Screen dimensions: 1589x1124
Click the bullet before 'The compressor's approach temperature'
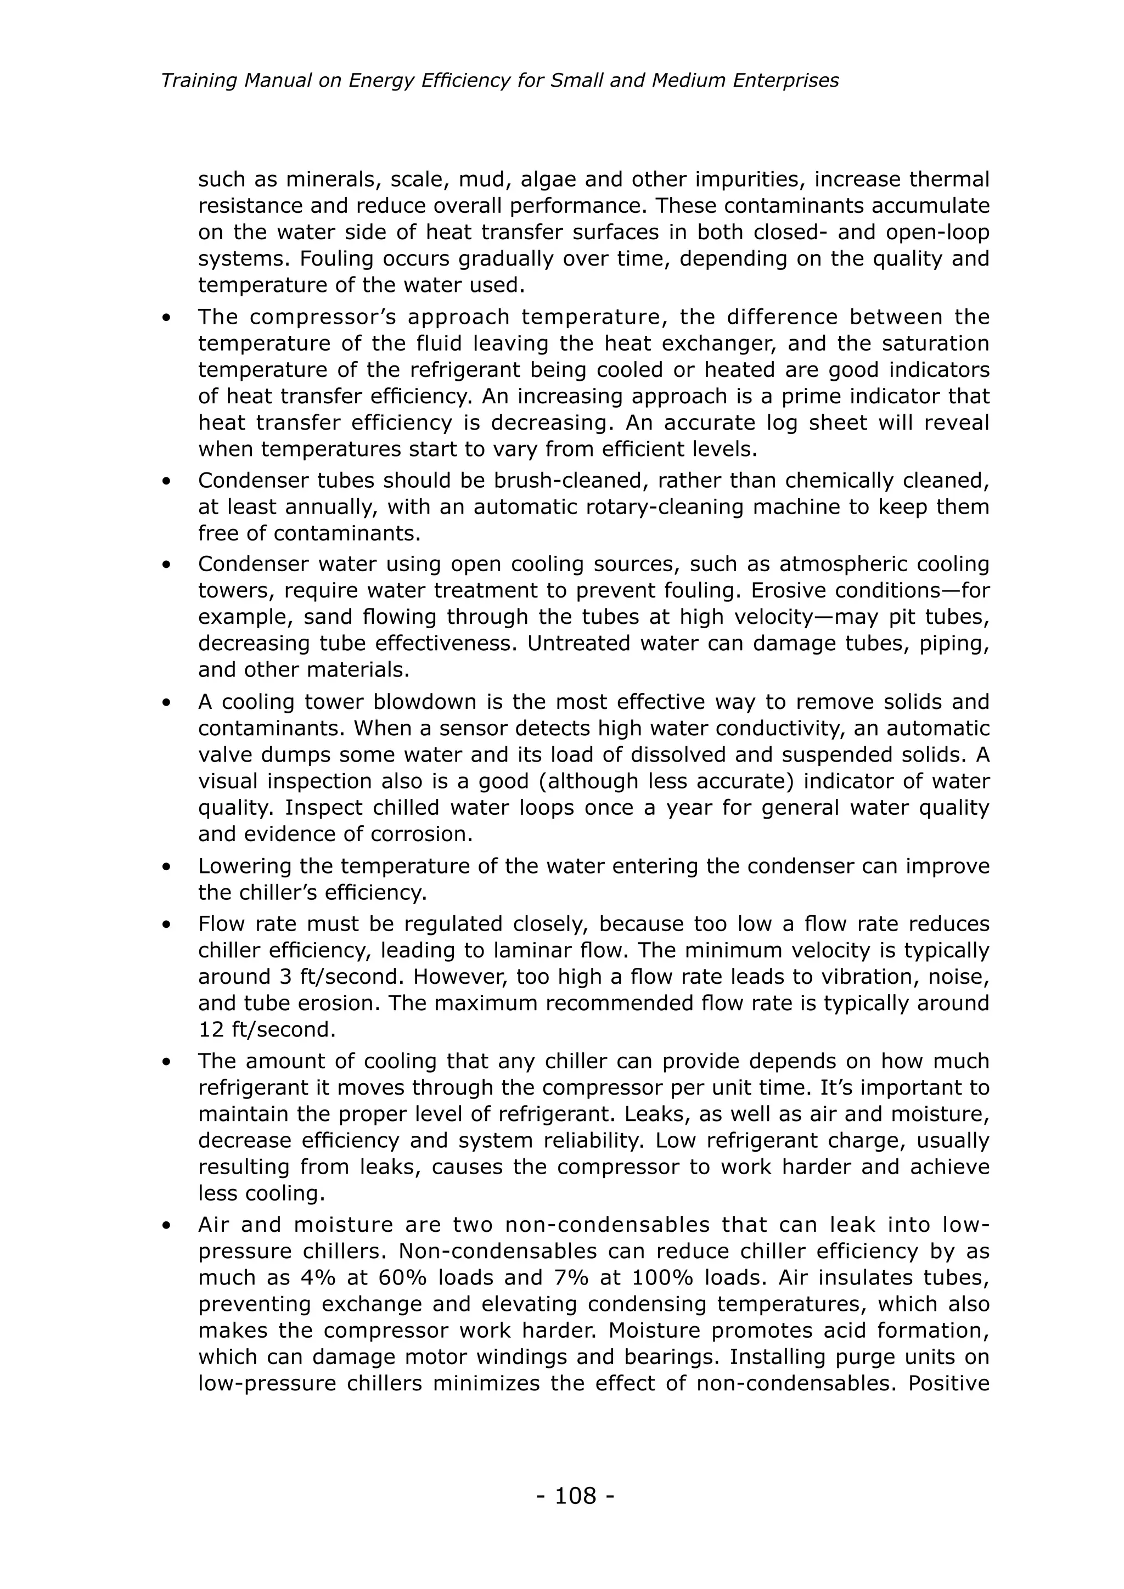click(x=166, y=318)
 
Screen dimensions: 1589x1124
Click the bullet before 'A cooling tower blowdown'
click(x=166, y=703)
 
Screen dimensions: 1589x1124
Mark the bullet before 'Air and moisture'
click(x=166, y=1226)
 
